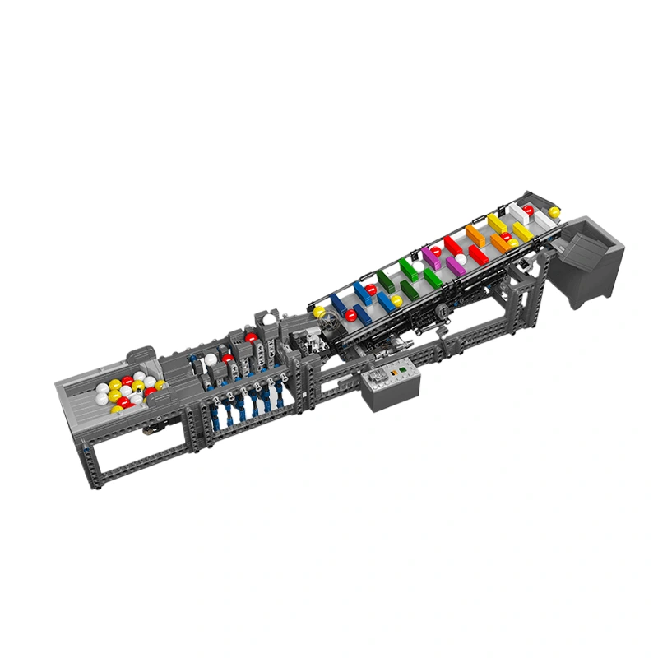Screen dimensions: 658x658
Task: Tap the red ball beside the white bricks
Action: (527, 210)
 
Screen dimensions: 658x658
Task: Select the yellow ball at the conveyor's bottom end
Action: (319, 313)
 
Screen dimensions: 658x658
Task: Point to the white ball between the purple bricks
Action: (461, 260)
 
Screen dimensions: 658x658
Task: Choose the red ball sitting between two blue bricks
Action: (371, 290)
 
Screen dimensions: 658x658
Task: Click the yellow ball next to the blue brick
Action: (397, 301)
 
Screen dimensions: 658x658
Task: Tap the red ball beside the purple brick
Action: (436, 251)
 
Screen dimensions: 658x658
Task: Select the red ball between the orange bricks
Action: (506, 237)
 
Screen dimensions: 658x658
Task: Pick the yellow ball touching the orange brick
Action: (513, 243)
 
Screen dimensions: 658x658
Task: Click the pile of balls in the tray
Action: (126, 392)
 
